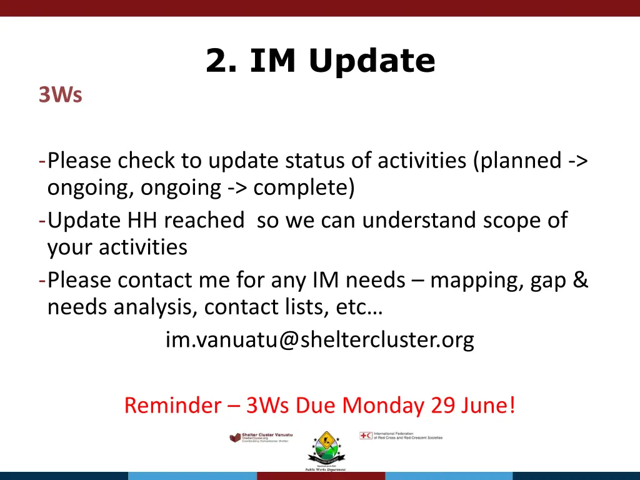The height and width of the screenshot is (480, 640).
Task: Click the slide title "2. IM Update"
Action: [320, 61]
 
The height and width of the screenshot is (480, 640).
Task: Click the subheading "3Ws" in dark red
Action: [60, 96]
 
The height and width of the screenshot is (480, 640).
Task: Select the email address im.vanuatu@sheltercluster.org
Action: [319, 339]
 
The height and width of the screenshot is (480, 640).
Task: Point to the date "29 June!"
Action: [474, 406]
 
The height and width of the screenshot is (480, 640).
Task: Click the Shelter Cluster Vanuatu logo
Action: [261, 437]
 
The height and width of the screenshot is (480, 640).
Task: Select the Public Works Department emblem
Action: [325, 450]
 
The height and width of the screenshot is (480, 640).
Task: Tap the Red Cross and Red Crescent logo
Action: [401, 436]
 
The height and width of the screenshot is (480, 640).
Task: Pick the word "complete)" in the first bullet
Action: [304, 187]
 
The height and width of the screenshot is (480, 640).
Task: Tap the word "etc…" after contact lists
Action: [367, 307]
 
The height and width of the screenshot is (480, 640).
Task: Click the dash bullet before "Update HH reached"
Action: [41, 220]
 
